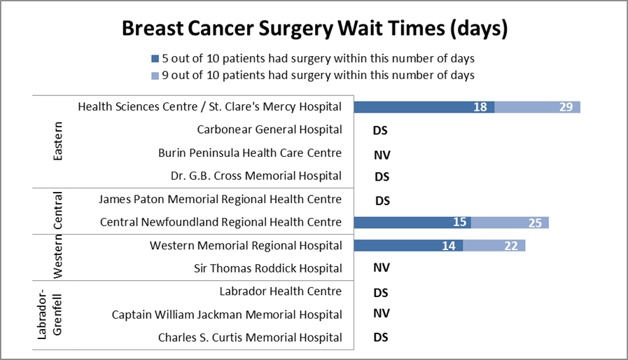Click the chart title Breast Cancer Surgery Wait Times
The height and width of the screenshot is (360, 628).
click(x=314, y=29)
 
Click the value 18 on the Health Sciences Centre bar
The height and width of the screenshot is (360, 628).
click(x=480, y=107)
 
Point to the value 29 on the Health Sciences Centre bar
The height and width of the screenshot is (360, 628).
click(x=566, y=107)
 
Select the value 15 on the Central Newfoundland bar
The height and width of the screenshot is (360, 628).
click(x=459, y=223)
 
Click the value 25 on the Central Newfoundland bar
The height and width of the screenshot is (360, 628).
click(x=534, y=223)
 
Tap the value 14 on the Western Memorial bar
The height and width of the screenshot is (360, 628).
click(x=449, y=246)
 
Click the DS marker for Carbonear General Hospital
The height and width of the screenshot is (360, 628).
click(x=381, y=130)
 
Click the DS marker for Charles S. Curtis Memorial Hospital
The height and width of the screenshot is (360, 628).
click(x=381, y=337)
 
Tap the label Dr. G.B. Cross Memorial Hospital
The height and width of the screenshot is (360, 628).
click(x=256, y=176)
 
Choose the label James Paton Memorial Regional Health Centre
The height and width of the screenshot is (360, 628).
click(x=221, y=200)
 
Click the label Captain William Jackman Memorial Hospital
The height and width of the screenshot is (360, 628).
click(x=227, y=314)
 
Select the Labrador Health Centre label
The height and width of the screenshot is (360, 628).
click(x=280, y=291)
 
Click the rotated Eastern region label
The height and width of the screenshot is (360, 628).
click(x=58, y=141)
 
